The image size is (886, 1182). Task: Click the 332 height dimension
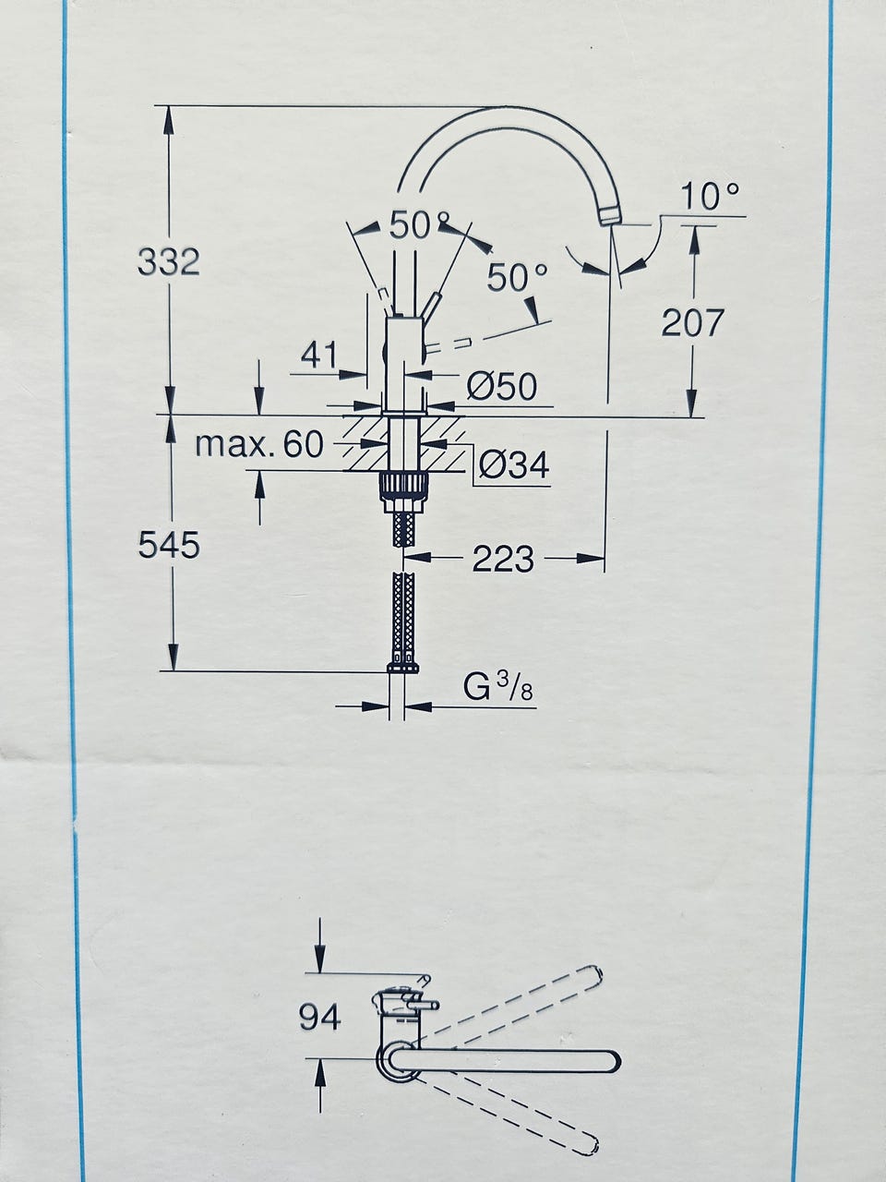tap(168, 262)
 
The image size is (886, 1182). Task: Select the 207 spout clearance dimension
tap(692, 322)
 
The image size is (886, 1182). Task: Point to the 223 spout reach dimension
tap(503, 559)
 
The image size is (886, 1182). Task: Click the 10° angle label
tap(710, 196)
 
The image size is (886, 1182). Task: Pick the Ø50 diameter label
tap(501, 386)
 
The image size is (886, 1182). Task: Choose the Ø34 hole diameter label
tap(514, 464)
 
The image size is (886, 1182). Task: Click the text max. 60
tap(259, 444)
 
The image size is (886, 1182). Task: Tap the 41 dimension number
tap(319, 355)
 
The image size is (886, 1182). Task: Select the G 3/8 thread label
tap(498, 687)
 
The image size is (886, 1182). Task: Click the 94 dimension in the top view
tap(319, 1016)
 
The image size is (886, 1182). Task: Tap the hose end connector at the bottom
tap(403, 664)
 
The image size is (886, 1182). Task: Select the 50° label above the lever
tap(412, 225)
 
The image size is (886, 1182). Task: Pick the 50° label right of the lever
tap(518, 277)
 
